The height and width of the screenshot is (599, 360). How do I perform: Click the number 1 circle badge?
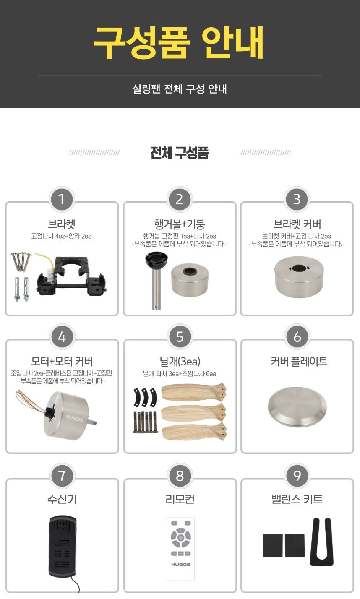(62, 199)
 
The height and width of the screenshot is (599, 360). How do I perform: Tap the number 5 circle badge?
(180, 336)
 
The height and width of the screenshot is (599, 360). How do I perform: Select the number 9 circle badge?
(297, 476)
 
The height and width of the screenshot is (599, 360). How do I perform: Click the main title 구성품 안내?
(179, 42)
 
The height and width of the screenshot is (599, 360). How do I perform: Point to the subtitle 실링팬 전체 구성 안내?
(180, 89)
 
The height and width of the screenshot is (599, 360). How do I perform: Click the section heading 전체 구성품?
(180, 153)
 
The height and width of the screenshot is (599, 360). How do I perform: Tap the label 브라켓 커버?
(297, 224)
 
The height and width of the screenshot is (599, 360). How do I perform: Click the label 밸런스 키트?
(297, 499)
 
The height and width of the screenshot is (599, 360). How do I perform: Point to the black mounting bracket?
(72, 276)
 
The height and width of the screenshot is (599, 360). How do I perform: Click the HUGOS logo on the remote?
(181, 564)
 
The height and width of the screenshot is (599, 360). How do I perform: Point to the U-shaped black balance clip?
(321, 542)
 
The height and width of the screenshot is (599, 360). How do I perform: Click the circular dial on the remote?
(180, 537)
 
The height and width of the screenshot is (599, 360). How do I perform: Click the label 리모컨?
(180, 499)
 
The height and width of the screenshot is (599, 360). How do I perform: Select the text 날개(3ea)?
(180, 362)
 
